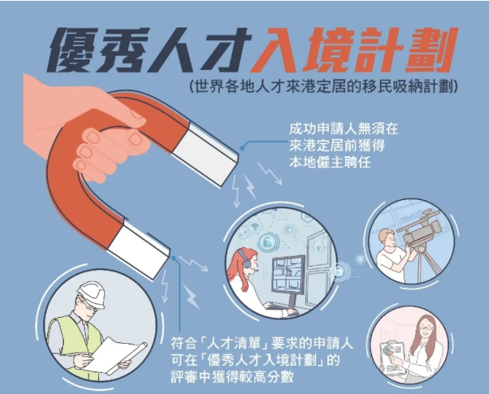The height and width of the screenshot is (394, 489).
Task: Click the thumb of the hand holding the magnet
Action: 125,115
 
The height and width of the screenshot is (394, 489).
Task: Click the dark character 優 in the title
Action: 74,49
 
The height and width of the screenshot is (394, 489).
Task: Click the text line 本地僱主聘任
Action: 330,162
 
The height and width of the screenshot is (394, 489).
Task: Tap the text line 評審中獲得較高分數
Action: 232,378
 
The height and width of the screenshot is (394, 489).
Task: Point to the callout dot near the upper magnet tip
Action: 242,148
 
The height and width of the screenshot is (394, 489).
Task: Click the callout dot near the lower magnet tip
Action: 173,257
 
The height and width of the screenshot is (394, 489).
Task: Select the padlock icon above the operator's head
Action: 267,241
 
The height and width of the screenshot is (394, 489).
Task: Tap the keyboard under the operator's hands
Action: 279,308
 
